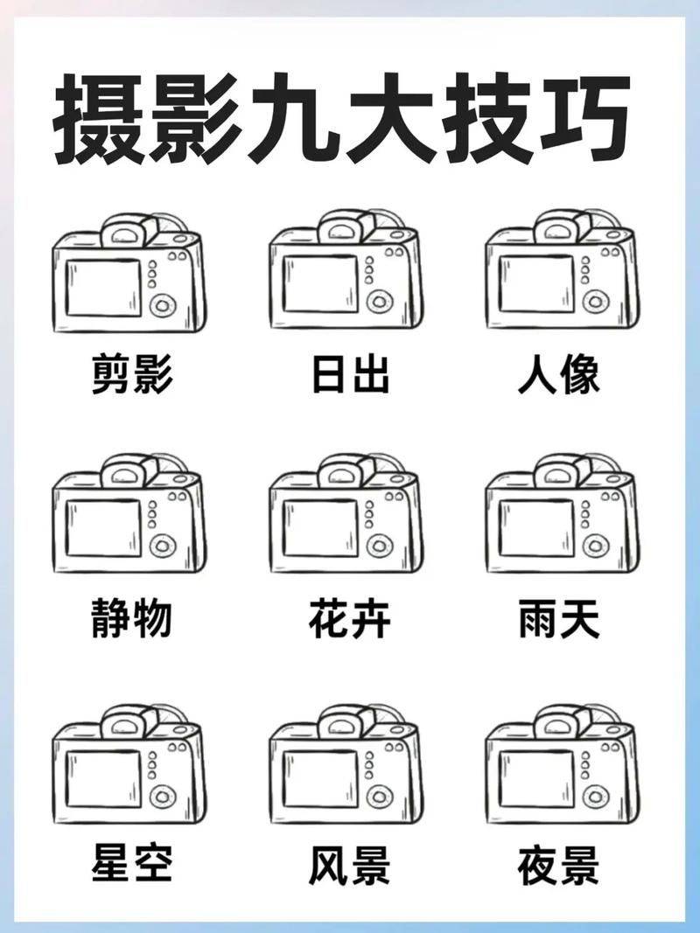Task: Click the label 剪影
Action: [132, 374]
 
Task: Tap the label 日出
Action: [351, 374]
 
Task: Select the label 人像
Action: [559, 374]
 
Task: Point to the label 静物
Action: [132, 619]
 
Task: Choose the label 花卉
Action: [350, 619]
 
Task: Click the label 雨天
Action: [559, 619]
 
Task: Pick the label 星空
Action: [132, 863]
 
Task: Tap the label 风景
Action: [350, 863]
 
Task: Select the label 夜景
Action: [559, 863]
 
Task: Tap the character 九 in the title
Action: [294, 118]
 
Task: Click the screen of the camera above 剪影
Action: [103, 288]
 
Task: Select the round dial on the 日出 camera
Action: [379, 303]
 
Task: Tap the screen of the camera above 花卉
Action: [320, 528]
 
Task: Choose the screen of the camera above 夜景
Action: [537, 779]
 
